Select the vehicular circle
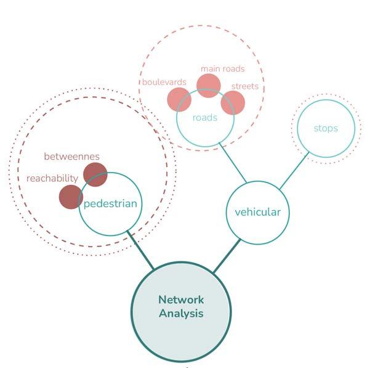(x=257, y=213)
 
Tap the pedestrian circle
(x=111, y=204)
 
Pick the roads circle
(x=205, y=118)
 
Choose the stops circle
(x=326, y=129)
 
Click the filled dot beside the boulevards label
(x=179, y=100)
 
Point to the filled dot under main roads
(x=208, y=86)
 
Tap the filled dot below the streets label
(x=233, y=102)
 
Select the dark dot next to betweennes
(x=95, y=174)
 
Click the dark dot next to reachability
(x=71, y=197)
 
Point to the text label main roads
(x=222, y=68)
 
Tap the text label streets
(x=244, y=86)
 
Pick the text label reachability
(x=52, y=178)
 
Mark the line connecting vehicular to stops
(x=293, y=171)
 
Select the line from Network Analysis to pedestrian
(x=141, y=251)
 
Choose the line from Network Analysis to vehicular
(x=227, y=255)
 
